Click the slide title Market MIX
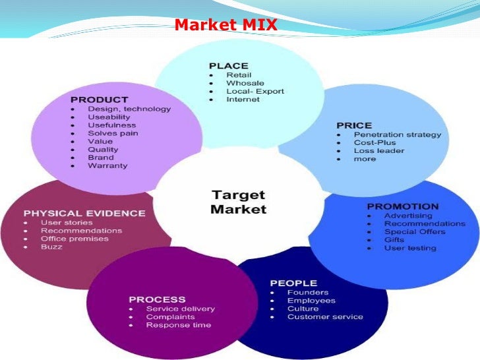pyautogui.click(x=225, y=26)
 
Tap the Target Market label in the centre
pyautogui.click(x=238, y=202)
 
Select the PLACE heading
pyautogui.click(x=228, y=65)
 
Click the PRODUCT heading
pyautogui.click(x=100, y=100)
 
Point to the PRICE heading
pyautogui.click(x=354, y=125)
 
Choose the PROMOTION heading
pyautogui.click(x=402, y=206)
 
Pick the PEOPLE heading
pyautogui.click(x=293, y=283)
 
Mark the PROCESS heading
pyautogui.click(x=157, y=299)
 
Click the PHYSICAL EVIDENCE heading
pyautogui.click(x=84, y=213)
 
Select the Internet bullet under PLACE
pyautogui.click(x=243, y=100)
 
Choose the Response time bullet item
pyautogui.click(x=178, y=325)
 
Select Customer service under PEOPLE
pyautogui.click(x=325, y=316)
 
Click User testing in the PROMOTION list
pyautogui.click(x=410, y=248)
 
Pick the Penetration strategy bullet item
pyautogui.click(x=398, y=135)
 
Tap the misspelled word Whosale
pyautogui.click(x=245, y=83)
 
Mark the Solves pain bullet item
pyautogui.click(x=113, y=133)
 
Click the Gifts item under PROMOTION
pyautogui.click(x=394, y=240)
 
